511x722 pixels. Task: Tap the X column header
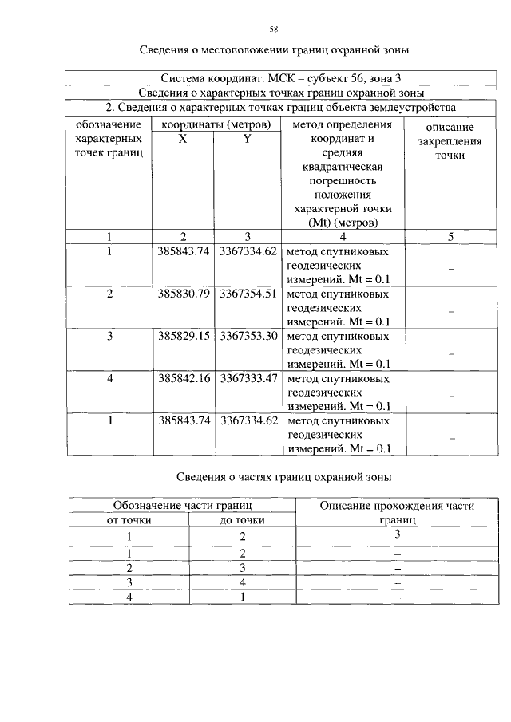183,138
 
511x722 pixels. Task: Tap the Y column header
248,138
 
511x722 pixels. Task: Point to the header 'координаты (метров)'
216,124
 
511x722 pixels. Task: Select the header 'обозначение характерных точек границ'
109,138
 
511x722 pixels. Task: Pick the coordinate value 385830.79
184,294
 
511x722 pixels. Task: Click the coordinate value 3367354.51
248,294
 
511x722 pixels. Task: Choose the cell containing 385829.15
184,336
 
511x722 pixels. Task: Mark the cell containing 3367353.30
248,336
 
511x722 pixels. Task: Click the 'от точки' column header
129,520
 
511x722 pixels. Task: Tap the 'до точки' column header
242,520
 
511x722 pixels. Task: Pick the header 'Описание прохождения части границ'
397,512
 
